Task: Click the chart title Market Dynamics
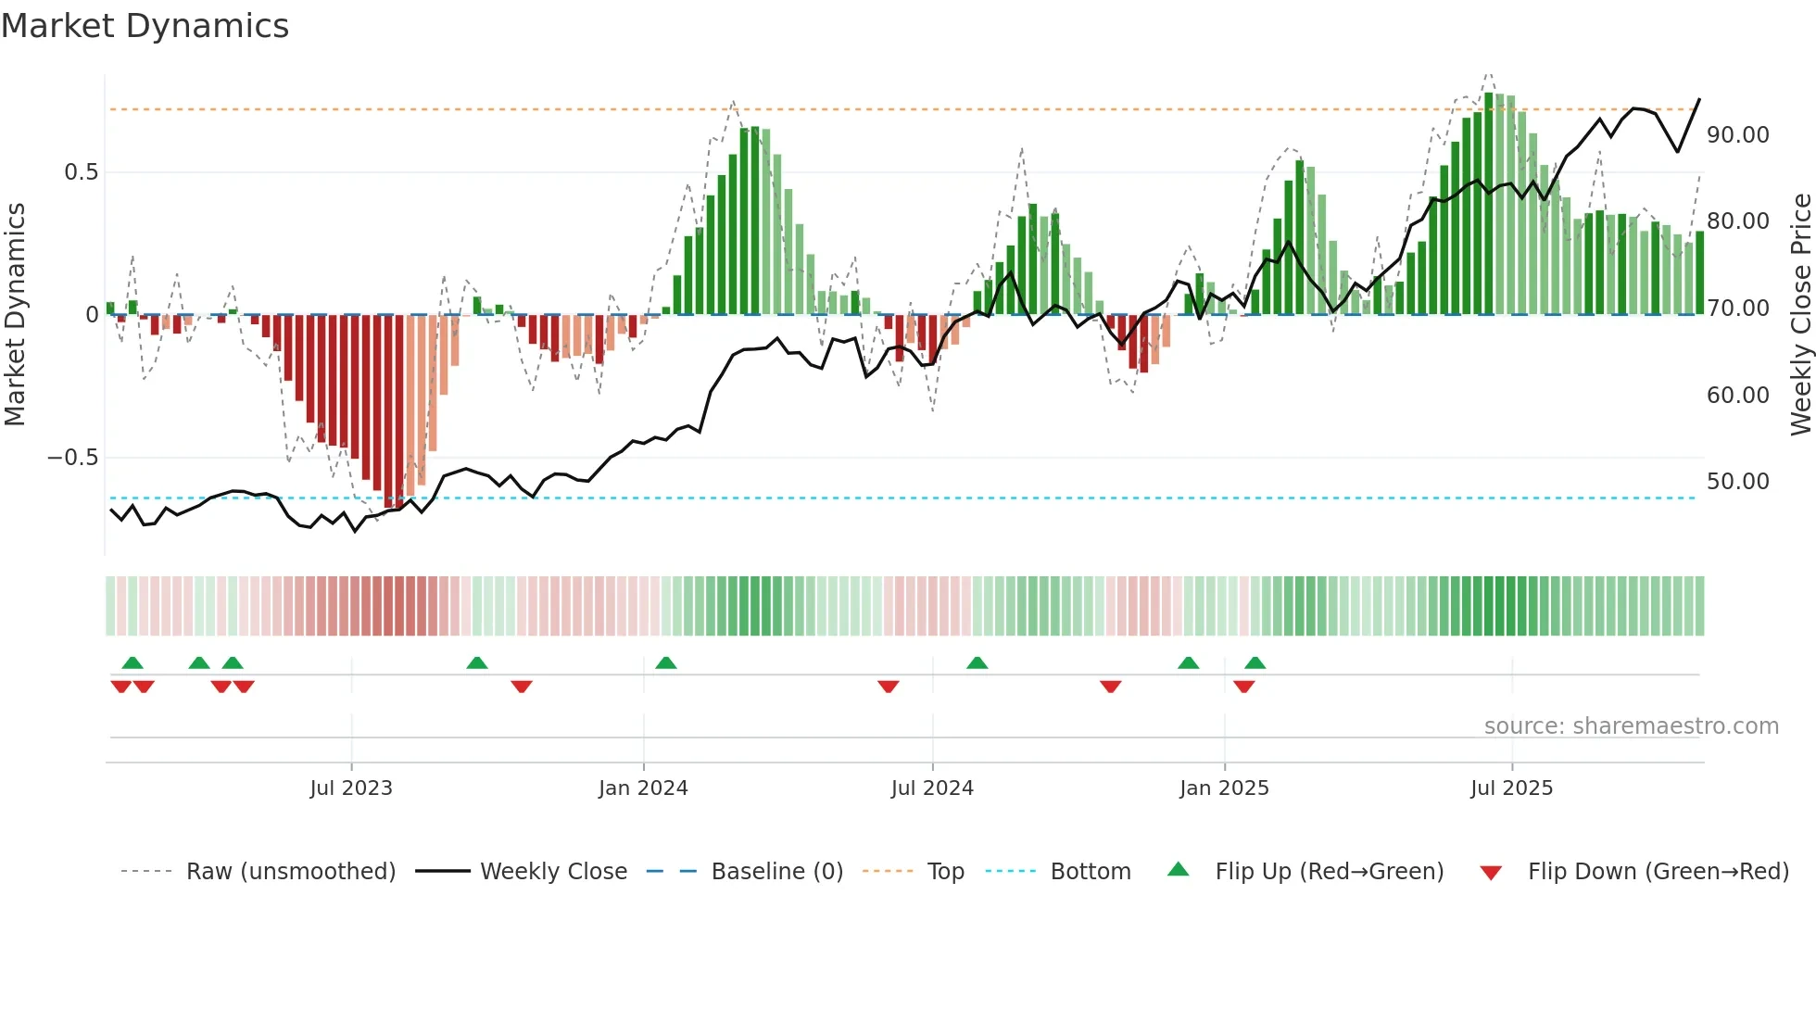(x=145, y=26)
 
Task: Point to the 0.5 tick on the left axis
(x=81, y=172)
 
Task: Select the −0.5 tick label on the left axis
(x=73, y=458)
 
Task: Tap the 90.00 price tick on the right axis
(x=1738, y=135)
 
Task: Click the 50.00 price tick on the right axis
(x=1738, y=482)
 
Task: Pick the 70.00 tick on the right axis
(x=1738, y=309)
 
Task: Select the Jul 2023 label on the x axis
(x=351, y=788)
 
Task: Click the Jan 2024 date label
(x=643, y=788)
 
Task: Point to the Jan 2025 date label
(x=1224, y=788)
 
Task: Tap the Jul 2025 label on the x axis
(x=1511, y=788)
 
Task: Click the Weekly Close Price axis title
(x=1800, y=314)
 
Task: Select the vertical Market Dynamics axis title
(x=16, y=314)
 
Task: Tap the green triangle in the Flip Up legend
(x=1178, y=869)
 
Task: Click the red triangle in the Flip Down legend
(x=1491, y=873)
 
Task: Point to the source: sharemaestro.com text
(x=1631, y=726)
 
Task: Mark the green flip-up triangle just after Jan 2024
(x=665, y=662)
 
